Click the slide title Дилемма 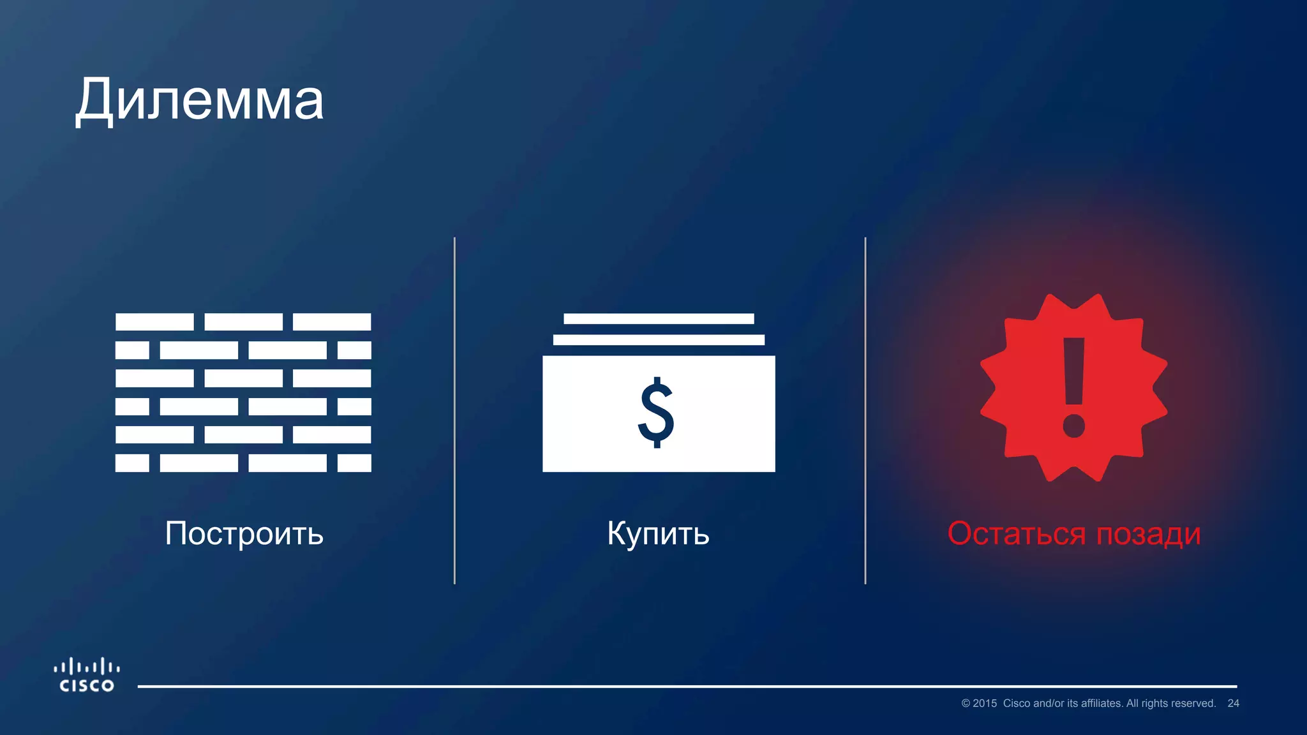pyautogui.click(x=200, y=100)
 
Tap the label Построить pyautogui.click(x=244, y=533)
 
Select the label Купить pyautogui.click(x=658, y=533)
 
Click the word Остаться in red pyautogui.click(x=1016, y=533)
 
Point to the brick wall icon pyautogui.click(x=243, y=392)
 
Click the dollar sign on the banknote pyautogui.click(x=656, y=413)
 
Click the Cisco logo pyautogui.click(x=87, y=675)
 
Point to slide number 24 pyautogui.click(x=1233, y=703)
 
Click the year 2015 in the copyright pyautogui.click(x=985, y=703)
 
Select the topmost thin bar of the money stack pyautogui.click(x=659, y=318)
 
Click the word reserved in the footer pyautogui.click(x=1193, y=703)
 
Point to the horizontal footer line pyautogui.click(x=687, y=687)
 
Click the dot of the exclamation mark pyautogui.click(x=1074, y=426)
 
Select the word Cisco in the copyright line pyautogui.click(x=1017, y=703)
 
